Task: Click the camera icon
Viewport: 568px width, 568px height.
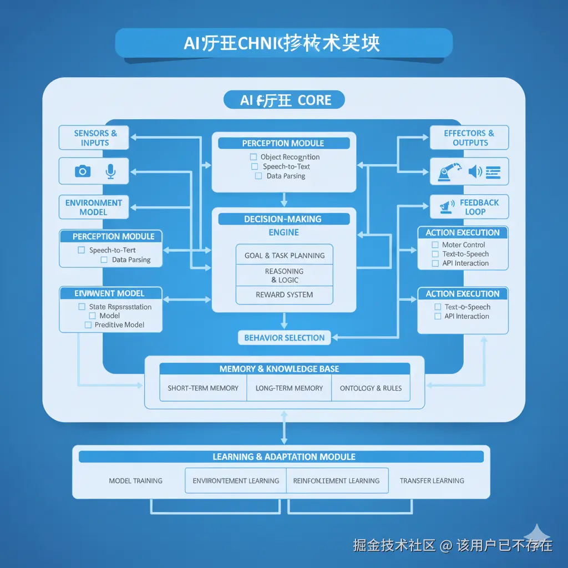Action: tap(83, 171)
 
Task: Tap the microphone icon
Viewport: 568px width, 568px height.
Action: tap(110, 171)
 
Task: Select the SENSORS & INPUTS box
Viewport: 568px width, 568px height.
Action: tap(94, 138)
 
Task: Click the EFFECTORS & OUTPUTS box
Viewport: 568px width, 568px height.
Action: tap(469, 138)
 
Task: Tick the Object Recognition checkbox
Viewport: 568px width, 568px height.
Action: tap(253, 157)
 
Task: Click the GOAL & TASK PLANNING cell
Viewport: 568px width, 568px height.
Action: tap(285, 256)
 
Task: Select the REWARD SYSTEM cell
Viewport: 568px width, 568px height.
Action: tap(285, 295)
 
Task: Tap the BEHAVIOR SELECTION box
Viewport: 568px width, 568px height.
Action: tap(285, 337)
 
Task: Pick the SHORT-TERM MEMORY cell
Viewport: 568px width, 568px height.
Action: tap(203, 388)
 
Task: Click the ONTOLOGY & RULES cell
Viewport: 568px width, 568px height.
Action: tap(371, 388)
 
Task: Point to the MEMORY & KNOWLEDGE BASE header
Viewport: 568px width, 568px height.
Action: tap(285, 369)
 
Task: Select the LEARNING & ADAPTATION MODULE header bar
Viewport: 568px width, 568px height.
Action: tap(281, 457)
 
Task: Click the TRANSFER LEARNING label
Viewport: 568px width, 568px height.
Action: tap(432, 481)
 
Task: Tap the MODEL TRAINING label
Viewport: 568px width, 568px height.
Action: tap(136, 481)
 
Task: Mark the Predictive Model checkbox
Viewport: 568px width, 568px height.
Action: tap(88, 325)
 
